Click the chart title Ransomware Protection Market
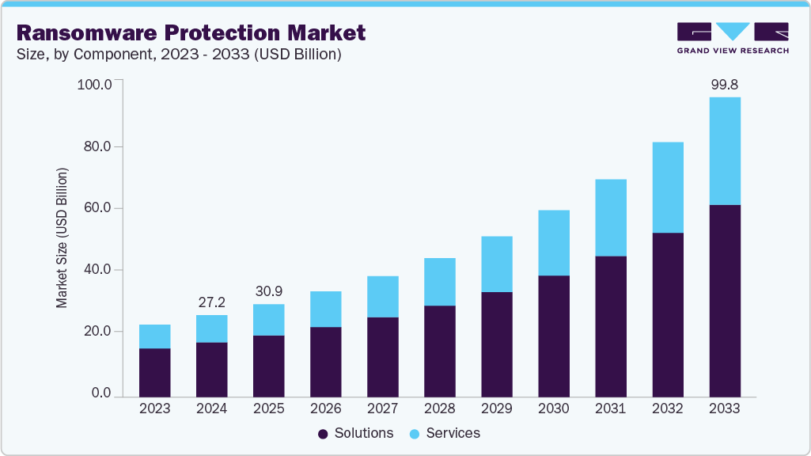click(191, 32)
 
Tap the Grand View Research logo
click(733, 37)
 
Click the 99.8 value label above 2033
click(725, 85)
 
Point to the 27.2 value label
click(212, 302)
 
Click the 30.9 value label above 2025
click(269, 291)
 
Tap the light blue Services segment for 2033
click(725, 150)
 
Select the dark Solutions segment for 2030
click(554, 336)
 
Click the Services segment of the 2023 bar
click(155, 336)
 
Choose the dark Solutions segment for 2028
click(440, 351)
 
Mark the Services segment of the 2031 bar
click(611, 218)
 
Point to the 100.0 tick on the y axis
click(95, 85)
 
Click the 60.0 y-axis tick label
click(97, 208)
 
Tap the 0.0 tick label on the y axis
click(100, 393)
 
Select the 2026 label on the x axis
click(326, 408)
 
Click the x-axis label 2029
click(497, 408)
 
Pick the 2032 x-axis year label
click(668, 408)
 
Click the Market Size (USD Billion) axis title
click(62, 238)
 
